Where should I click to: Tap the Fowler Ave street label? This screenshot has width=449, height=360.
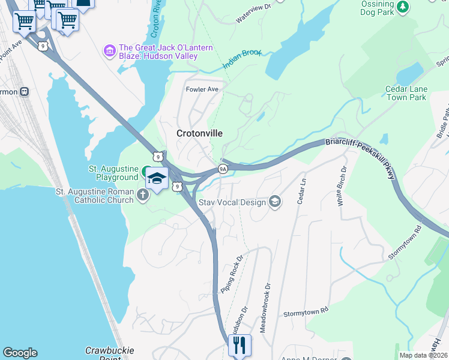[202, 89]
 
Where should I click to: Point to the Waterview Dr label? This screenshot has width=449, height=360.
[254, 13]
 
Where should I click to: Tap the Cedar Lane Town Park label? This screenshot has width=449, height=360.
[406, 93]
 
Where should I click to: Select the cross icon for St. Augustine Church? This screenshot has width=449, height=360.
[142, 194]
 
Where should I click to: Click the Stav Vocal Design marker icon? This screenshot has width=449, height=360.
[275, 202]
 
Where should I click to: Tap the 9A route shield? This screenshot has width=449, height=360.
[222, 169]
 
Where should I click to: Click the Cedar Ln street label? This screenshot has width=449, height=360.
[301, 191]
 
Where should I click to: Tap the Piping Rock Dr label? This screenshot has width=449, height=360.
[231, 273]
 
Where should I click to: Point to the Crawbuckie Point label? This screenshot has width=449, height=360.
[110, 353]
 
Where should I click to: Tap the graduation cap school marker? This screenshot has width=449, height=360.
[157, 179]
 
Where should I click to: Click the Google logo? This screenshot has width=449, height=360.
[20, 353]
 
